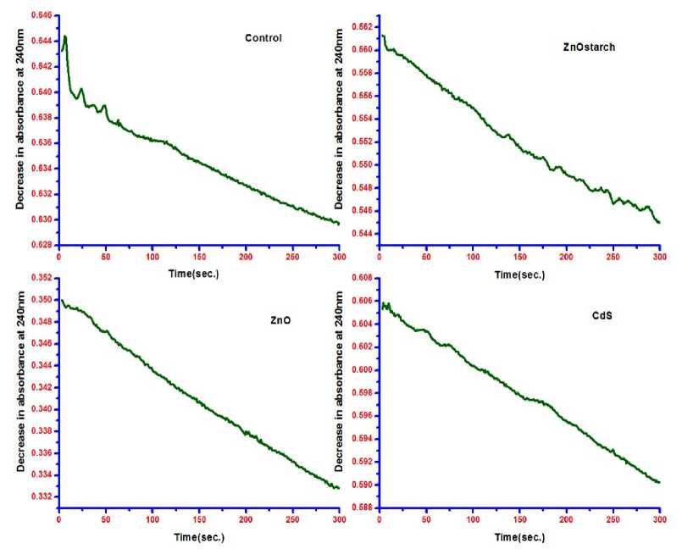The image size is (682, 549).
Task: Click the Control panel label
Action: coord(263,38)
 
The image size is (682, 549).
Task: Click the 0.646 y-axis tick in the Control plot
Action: coord(40,15)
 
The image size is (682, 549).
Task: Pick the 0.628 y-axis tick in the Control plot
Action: coord(40,245)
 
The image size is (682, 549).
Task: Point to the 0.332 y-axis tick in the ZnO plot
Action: coord(40,496)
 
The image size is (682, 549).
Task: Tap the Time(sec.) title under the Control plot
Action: coord(197,275)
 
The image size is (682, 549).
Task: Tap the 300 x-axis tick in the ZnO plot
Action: coord(338,520)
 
